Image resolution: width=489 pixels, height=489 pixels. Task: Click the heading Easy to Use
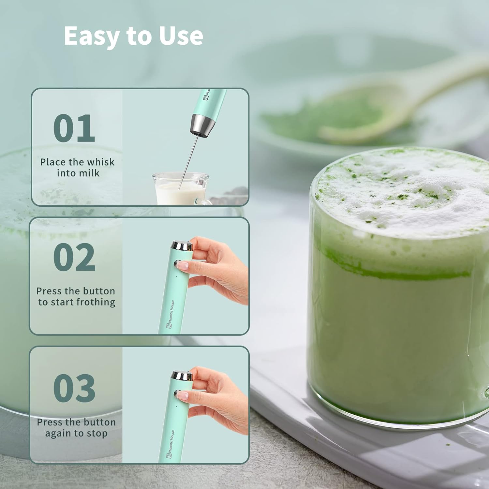click(x=133, y=36)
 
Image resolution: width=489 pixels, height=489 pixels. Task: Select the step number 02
click(x=74, y=257)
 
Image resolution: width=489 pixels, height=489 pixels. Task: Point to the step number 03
click(x=74, y=388)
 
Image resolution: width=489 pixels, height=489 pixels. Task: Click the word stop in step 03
click(x=97, y=434)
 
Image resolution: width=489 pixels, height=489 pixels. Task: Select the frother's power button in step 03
click(x=178, y=393)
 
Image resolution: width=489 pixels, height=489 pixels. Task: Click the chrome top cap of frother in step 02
click(x=182, y=245)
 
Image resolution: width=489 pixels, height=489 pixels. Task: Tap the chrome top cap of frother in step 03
click(x=182, y=376)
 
